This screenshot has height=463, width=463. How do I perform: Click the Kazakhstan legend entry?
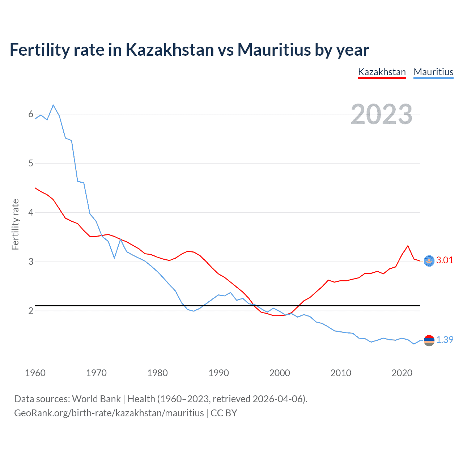382,72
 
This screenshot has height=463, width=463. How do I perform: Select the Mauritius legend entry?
433,72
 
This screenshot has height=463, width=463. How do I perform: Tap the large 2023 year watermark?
382,114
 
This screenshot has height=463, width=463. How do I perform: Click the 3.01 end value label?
445,260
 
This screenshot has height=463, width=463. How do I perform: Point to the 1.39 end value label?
445,340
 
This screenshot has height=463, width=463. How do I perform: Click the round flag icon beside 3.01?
429,261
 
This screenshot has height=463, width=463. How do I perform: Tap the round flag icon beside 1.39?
429,340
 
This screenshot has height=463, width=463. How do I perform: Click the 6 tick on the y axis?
31,114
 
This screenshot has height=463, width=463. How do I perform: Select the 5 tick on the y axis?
31,163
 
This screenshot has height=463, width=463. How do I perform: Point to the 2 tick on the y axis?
31,311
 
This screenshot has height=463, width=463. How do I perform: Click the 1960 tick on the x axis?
35,373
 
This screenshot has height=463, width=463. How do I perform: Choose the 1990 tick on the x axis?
218,373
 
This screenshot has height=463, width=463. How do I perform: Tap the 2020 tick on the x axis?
402,373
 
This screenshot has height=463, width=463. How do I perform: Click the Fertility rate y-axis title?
15,224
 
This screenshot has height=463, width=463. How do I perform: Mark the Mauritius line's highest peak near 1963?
53,105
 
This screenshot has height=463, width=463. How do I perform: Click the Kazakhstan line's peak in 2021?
408,246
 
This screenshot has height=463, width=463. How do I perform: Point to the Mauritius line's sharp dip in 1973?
114,258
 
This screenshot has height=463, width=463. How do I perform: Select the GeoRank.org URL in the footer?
109,413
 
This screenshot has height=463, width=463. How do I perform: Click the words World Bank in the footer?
96,399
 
